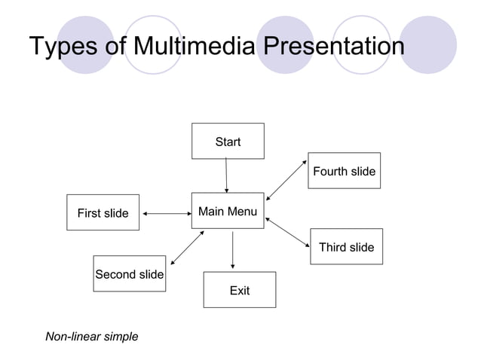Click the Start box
coord(228,142)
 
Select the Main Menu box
coord(227,212)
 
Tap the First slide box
coord(103,213)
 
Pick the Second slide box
coord(129,274)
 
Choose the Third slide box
coord(346,247)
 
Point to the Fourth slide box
coord(344,171)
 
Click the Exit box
coord(239,290)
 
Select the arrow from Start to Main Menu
coord(226,176)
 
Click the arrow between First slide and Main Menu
coord(166,213)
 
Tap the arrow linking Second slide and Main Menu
coord(188,248)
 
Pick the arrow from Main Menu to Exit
coord(232,250)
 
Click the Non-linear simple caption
coord(92,337)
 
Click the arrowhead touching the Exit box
coord(232,266)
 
